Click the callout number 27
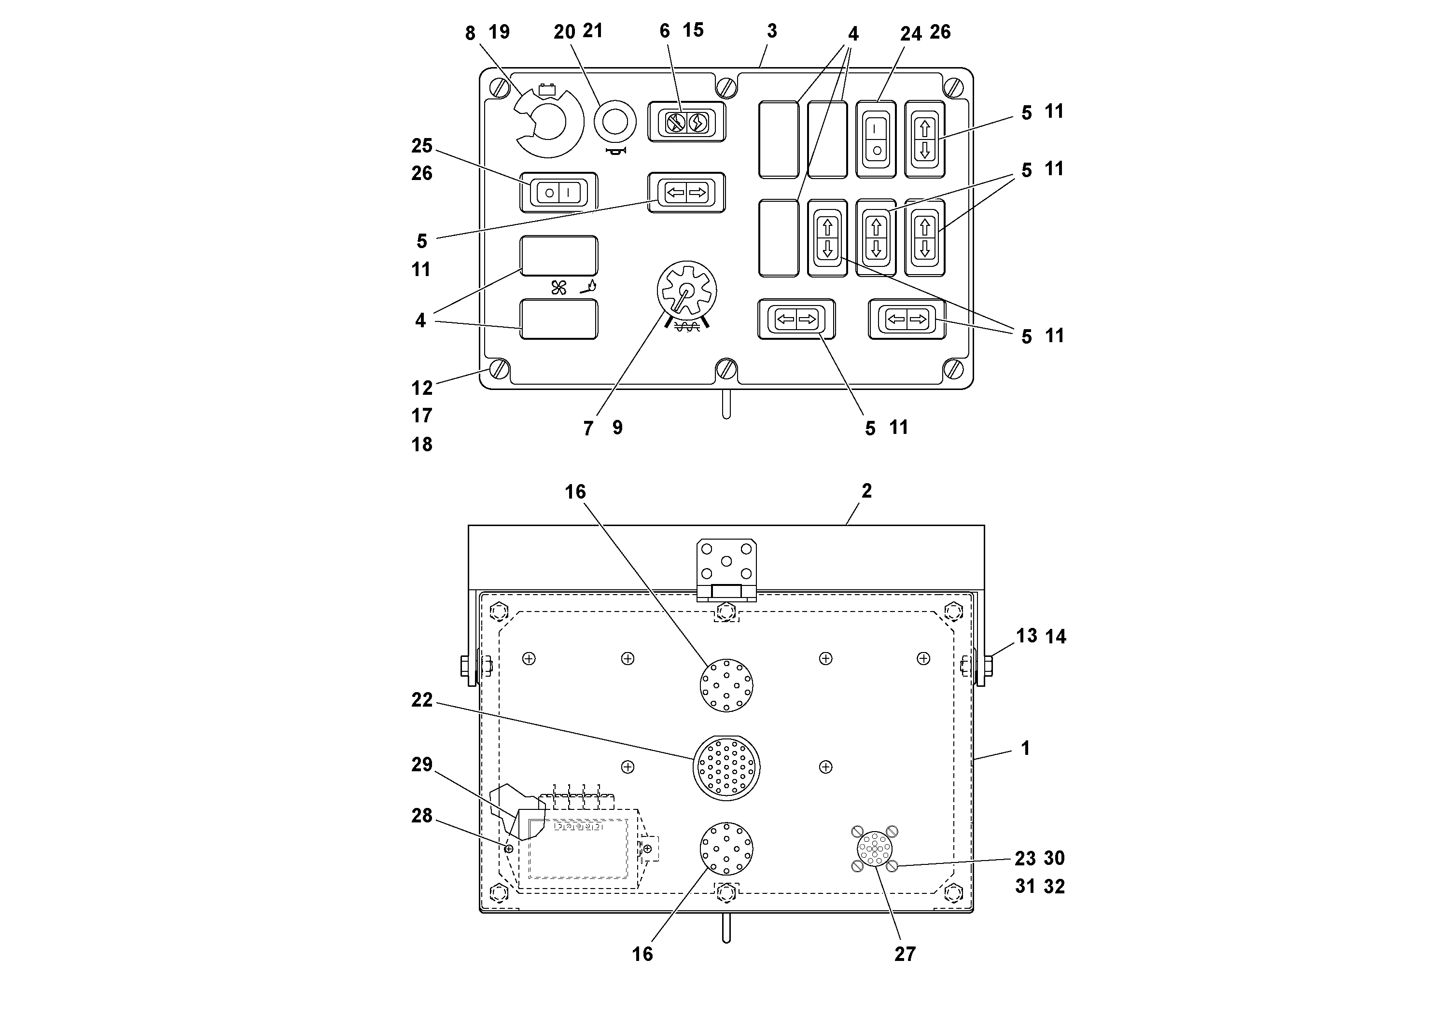(905, 954)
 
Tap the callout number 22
(422, 700)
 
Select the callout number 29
(422, 764)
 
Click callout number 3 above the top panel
(772, 31)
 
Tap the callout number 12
(422, 388)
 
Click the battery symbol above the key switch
(548, 89)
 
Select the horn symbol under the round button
(616, 152)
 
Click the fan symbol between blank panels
(558, 288)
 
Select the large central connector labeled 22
(726, 768)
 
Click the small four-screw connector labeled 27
(874, 848)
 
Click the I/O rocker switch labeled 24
(876, 139)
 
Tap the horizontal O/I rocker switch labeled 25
(558, 193)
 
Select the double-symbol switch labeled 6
(686, 123)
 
